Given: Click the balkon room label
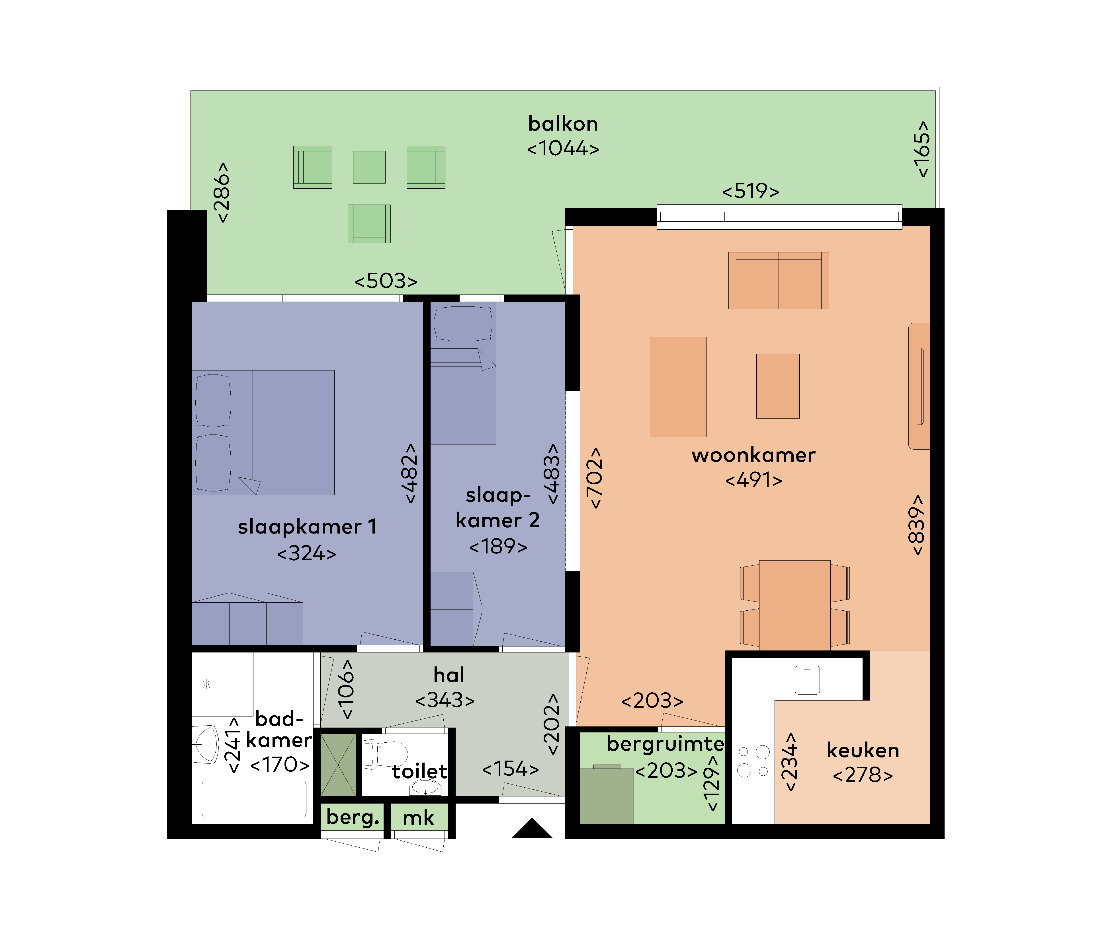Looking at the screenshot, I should coord(563,124).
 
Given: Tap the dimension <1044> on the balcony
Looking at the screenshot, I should coord(563,149).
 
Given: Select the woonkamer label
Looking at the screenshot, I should coord(753,456).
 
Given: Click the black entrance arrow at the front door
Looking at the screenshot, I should coord(532,829).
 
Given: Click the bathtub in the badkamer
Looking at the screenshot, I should coord(254,798).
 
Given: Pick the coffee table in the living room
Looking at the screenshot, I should coord(778,386).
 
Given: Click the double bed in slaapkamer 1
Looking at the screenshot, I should coord(264,432).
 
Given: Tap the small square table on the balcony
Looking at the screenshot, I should coord(369,167).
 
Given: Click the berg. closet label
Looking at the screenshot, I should coord(353,817).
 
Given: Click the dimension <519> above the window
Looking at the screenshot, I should coord(751,191).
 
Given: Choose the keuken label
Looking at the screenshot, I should coord(863,751).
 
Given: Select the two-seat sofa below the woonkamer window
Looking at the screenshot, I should coord(778,281).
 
